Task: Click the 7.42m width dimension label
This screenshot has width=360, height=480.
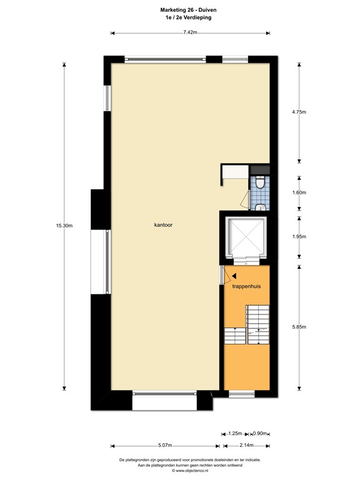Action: click(x=190, y=32)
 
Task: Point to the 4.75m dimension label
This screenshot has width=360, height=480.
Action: click(x=299, y=112)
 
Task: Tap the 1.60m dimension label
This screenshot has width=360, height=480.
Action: click(x=299, y=192)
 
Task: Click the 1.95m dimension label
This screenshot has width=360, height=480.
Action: click(x=299, y=236)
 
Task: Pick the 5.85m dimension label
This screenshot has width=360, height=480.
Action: click(x=299, y=326)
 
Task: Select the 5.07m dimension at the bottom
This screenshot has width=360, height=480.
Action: click(x=165, y=446)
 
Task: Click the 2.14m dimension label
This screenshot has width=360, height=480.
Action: click(x=246, y=446)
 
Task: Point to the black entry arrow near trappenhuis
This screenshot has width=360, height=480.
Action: click(x=234, y=275)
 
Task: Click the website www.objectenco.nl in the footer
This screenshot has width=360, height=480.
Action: click(x=190, y=471)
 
